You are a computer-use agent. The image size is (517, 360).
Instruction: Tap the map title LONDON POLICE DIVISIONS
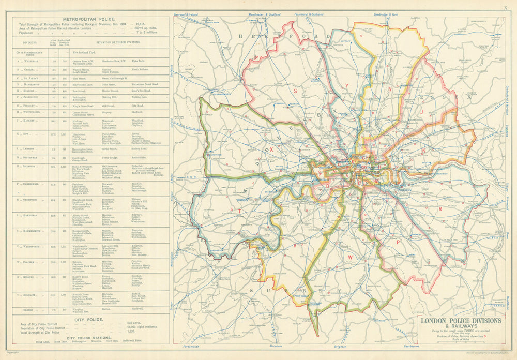(x=461, y=321)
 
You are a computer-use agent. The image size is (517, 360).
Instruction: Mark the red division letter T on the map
(x=239, y=211)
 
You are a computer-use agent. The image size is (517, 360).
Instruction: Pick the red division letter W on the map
(x=350, y=256)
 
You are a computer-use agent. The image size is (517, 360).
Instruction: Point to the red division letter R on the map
(x=439, y=209)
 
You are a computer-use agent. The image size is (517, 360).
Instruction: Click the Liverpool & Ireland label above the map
(x=187, y=15)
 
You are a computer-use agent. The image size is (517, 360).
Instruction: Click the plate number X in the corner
(x=505, y=8)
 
